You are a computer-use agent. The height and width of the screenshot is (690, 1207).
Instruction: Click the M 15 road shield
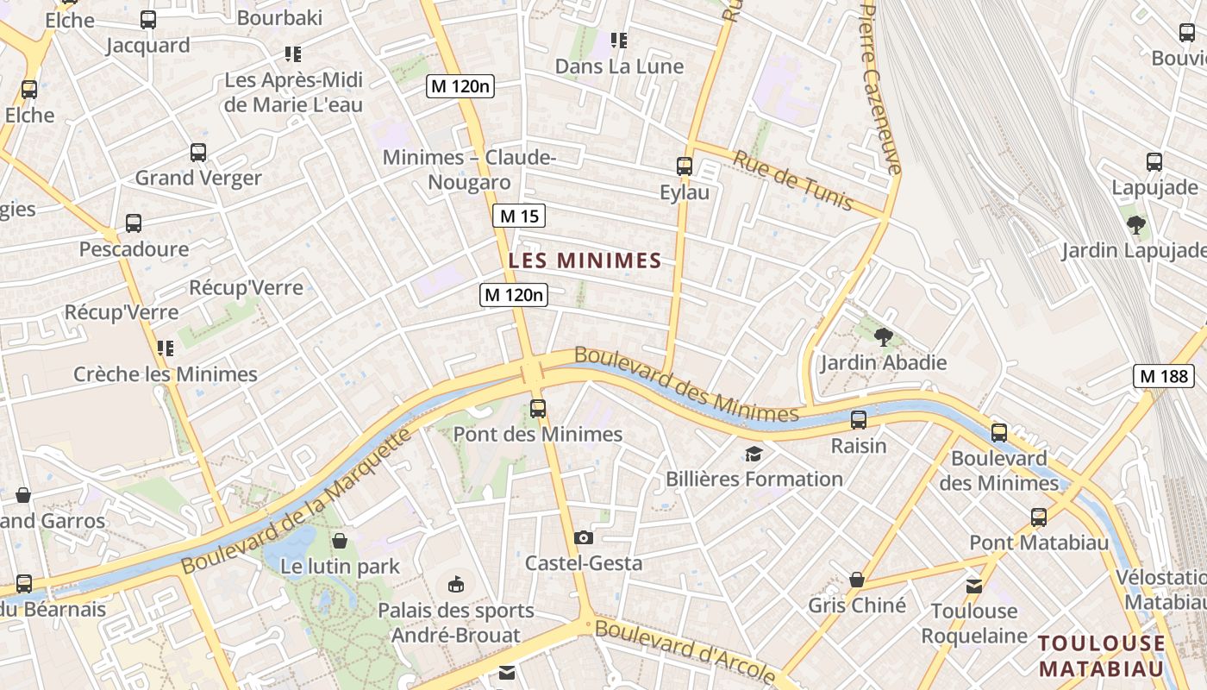tap(519, 216)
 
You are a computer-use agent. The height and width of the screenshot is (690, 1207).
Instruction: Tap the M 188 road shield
tap(1164, 376)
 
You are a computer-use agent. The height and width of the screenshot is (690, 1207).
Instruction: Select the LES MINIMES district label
tap(585, 260)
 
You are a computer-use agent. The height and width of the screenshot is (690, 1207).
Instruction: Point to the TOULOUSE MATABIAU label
tap(1102, 655)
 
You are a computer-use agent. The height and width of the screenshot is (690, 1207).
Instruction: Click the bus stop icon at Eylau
tap(685, 166)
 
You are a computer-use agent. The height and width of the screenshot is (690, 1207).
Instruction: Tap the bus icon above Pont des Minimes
tap(538, 408)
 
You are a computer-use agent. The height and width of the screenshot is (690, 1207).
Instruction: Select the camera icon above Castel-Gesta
tap(584, 537)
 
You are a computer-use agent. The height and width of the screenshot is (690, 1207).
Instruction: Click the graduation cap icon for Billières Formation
tap(754, 454)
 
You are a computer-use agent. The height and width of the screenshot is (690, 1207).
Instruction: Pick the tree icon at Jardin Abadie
tap(883, 336)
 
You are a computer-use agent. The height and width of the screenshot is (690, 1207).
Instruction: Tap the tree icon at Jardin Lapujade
tap(1136, 225)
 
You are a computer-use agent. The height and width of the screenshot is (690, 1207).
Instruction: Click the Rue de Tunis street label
tap(793, 180)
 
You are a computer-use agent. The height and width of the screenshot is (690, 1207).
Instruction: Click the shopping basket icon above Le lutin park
tap(341, 541)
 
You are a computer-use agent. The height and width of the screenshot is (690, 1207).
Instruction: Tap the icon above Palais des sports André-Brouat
tap(456, 585)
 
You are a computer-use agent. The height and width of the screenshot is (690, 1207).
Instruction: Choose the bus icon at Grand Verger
tap(198, 153)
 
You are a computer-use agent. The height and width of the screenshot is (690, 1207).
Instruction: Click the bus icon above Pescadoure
tap(134, 223)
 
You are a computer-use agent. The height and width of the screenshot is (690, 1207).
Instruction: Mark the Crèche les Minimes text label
tap(166, 374)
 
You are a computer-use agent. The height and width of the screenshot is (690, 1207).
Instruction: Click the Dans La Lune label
tap(619, 66)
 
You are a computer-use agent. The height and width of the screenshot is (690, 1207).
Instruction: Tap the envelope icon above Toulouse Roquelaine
tap(974, 586)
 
